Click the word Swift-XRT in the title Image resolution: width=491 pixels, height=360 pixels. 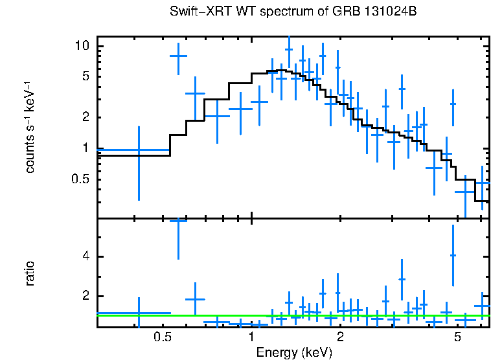(195, 12)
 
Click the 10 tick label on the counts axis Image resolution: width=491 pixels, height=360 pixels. (81, 47)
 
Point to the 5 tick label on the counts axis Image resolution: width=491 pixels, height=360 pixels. (84, 77)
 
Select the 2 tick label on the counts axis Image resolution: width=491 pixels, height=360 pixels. (84, 118)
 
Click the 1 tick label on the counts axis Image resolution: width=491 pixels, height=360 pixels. (84, 148)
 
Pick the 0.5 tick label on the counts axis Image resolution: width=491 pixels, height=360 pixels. (80, 179)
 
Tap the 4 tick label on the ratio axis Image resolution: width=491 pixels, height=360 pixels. (84, 257)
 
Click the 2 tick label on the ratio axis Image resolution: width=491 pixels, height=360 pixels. (84, 297)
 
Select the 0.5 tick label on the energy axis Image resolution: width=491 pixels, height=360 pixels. (163, 337)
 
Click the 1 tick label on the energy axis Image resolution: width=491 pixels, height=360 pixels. (251, 337)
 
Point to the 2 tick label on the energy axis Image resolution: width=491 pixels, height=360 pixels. (340, 337)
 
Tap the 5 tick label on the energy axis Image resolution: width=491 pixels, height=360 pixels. (457, 337)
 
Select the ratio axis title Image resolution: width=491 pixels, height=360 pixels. (30, 274)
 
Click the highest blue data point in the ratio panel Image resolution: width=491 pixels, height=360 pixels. (178, 221)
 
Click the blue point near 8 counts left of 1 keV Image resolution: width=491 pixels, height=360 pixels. (178, 56)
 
